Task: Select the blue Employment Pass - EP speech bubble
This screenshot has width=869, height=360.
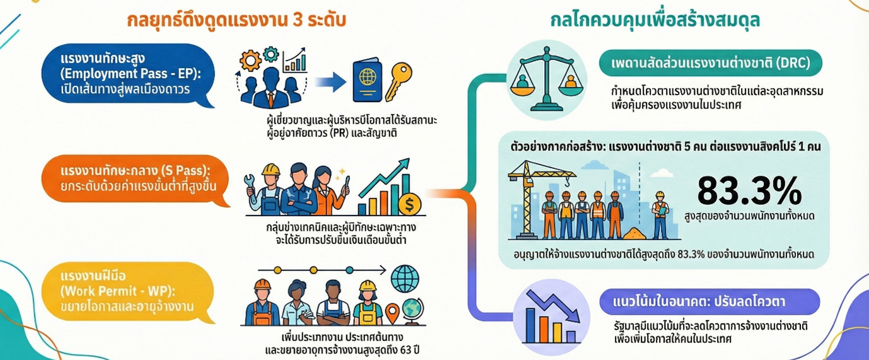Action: point(125,74)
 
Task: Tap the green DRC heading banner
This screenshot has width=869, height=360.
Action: point(710,63)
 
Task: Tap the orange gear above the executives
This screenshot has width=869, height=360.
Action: point(251,61)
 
